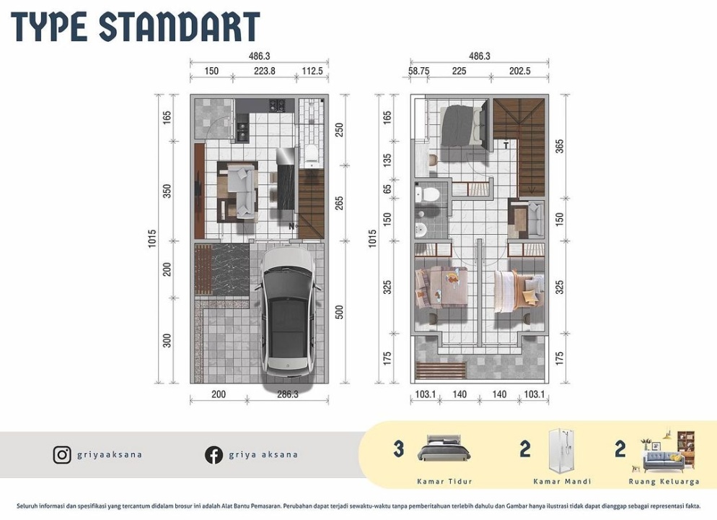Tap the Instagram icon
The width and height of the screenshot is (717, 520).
(62, 455)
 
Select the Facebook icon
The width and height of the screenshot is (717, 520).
(214, 455)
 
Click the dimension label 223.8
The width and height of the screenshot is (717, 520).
(264, 71)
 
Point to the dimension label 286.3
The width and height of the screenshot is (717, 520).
(287, 394)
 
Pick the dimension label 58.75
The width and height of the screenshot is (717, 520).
(419, 71)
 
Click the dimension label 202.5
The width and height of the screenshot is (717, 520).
(520, 71)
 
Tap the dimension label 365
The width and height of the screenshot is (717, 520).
(559, 147)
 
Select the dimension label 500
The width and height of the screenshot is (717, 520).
(339, 313)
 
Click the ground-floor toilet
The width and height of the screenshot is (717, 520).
(312, 155)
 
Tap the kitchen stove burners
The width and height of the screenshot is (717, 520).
(276, 105)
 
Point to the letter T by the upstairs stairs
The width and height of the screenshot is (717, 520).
(506, 146)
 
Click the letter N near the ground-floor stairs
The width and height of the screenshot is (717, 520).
(291, 226)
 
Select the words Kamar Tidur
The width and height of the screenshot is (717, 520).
(444, 482)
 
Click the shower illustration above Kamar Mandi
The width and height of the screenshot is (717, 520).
(563, 451)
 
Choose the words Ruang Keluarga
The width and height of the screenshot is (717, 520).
(664, 482)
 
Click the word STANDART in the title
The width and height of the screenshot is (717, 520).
(180, 27)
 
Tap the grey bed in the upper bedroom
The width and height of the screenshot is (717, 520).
(464, 125)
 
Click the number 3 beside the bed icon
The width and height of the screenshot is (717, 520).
(399, 448)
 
